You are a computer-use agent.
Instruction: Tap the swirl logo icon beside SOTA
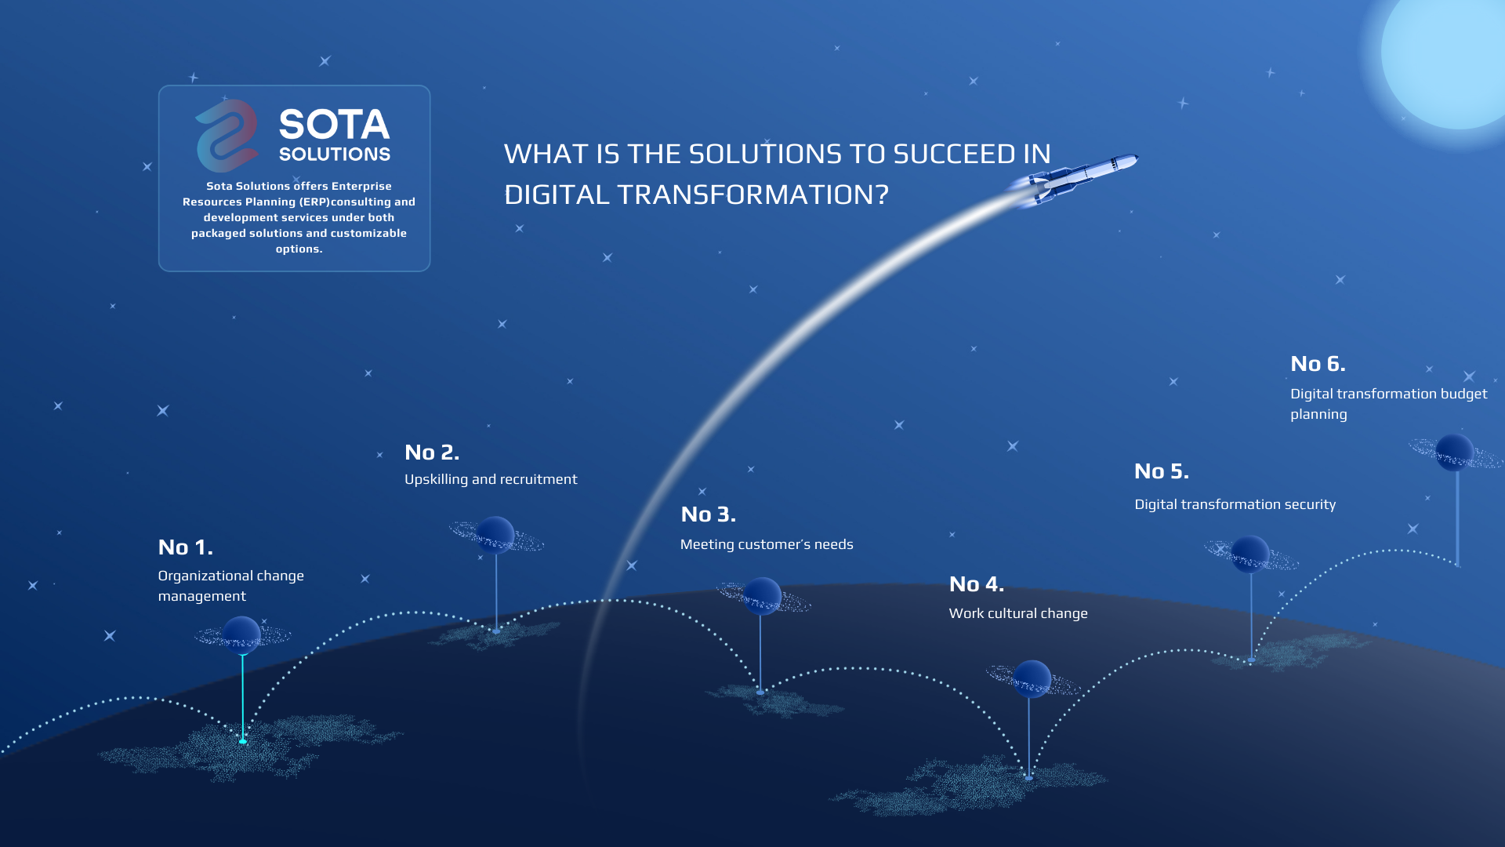pyautogui.click(x=227, y=136)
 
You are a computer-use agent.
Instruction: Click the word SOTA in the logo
pyautogui.click(x=334, y=125)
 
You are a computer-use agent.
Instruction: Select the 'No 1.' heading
pyautogui.click(x=186, y=547)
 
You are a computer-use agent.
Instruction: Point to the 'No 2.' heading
pyautogui.click(x=432, y=452)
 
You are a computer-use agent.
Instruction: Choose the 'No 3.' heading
pyautogui.click(x=709, y=514)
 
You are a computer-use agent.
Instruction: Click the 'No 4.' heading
pyautogui.click(x=977, y=583)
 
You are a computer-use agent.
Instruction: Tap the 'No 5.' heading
pyautogui.click(x=1162, y=471)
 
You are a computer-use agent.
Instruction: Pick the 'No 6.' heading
pyautogui.click(x=1318, y=363)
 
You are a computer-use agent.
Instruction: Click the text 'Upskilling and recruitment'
pyautogui.click(x=491, y=479)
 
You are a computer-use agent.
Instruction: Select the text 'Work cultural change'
pyautogui.click(x=1018, y=613)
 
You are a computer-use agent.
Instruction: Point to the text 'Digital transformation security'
pyautogui.click(x=1235, y=504)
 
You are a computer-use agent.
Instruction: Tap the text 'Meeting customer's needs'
pyautogui.click(x=767, y=544)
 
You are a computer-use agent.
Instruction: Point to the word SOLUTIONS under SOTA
pyautogui.click(x=335, y=154)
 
